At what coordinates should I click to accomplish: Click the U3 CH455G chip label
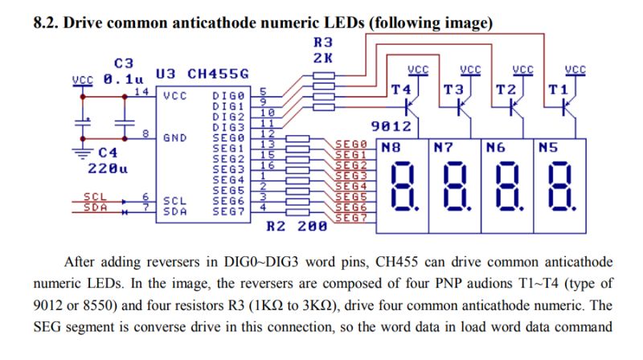pos(203,74)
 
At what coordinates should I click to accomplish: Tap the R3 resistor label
pos(323,43)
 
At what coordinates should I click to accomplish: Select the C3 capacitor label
pos(124,63)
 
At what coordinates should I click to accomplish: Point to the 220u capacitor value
pos(108,169)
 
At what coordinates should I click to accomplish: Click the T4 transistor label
pos(400,90)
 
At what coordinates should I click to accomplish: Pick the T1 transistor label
pos(558,90)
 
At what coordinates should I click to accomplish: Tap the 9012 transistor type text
pos(391,126)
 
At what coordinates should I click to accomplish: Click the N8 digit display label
pos(391,147)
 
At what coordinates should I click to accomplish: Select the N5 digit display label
pos(548,147)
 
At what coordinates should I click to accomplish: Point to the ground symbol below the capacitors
pos(83,153)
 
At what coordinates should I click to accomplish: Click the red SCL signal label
pos(95,197)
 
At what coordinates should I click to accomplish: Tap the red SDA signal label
pos(95,207)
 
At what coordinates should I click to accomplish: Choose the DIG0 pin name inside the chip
pos(228,96)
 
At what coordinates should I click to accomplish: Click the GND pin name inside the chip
pos(175,137)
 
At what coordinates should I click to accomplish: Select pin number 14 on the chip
pos(141,91)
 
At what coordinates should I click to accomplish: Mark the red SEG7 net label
pos(351,218)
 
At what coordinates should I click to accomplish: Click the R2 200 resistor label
pos(297,227)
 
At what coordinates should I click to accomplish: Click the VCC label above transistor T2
pos(523,70)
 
